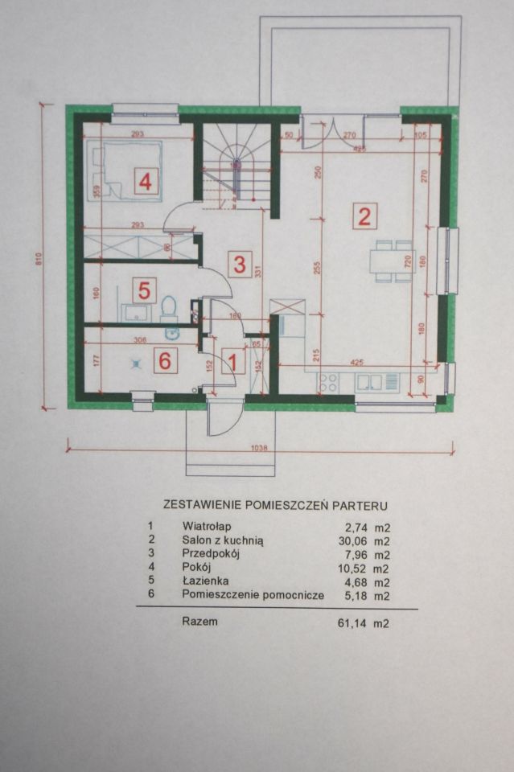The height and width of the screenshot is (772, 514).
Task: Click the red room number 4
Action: [x=145, y=182]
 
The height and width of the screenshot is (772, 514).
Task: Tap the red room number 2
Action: [x=364, y=216]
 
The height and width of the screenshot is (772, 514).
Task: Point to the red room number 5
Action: [x=145, y=289]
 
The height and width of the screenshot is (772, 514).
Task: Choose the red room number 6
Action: [x=165, y=361]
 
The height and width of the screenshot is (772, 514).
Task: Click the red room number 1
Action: [x=232, y=362]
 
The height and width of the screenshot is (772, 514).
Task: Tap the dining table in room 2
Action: [x=392, y=261]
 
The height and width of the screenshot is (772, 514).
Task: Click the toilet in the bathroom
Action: [x=168, y=306]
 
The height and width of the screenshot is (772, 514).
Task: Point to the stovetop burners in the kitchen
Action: [x=328, y=383]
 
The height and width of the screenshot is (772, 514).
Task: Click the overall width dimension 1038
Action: [x=258, y=449]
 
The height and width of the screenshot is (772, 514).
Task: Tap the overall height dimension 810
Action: [x=38, y=260]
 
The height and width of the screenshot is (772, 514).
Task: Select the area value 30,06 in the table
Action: [x=352, y=542]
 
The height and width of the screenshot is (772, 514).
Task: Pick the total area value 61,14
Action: [x=352, y=622]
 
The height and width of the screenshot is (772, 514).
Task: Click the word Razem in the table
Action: [x=199, y=621]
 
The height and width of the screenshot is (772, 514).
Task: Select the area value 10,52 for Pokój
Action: [x=352, y=568]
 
